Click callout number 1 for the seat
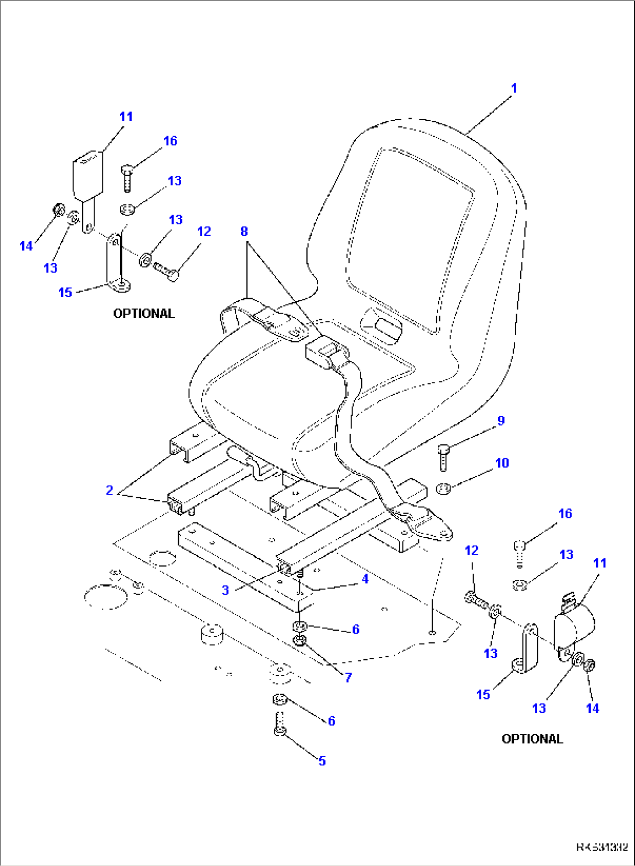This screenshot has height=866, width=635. tap(514, 89)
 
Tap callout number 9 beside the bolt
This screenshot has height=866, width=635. tap(501, 421)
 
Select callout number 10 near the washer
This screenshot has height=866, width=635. tap(502, 464)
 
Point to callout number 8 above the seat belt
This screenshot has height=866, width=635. tap(244, 232)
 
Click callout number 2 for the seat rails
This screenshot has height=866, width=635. tap(110, 490)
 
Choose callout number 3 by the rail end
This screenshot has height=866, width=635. tap(225, 591)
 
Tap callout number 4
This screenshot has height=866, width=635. tap(365, 579)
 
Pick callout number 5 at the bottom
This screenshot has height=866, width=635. tap(322, 761)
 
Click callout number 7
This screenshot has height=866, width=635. tap(348, 678)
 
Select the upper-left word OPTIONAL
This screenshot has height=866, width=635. tap(144, 313)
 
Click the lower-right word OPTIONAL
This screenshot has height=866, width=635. tap(532, 738)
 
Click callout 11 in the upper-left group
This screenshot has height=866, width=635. tap(126, 117)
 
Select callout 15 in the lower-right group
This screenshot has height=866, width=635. tap(484, 695)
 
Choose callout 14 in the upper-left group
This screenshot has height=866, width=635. tap(26, 246)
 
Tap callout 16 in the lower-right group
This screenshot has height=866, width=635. tap(565, 514)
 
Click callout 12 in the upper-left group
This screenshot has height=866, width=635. tap(204, 232)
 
